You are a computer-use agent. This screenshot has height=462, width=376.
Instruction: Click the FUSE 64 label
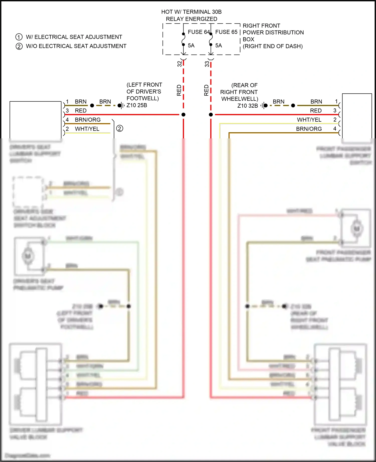pos(199,32)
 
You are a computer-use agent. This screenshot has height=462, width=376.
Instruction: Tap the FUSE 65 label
pos(226,32)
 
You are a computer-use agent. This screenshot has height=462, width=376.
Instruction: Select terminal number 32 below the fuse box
pos(179,64)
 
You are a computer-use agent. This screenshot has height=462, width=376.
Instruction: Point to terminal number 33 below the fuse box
pos(207,64)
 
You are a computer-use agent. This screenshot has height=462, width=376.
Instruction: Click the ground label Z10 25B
pos(137,105)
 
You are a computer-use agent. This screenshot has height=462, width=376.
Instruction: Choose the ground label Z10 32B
pos(247,106)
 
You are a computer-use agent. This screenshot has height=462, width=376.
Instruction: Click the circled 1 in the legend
pos(19,37)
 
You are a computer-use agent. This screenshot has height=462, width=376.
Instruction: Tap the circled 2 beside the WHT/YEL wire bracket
pos(120,129)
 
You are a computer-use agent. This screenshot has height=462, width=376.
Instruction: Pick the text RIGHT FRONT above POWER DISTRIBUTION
pos(261,26)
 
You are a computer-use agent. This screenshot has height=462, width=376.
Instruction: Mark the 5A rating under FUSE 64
pos(191,46)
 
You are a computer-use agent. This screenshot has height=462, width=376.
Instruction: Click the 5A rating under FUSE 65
pos(218,46)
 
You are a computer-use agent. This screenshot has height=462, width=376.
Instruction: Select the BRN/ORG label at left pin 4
pos(87,120)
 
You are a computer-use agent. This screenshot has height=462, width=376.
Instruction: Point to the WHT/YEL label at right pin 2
pos(309,120)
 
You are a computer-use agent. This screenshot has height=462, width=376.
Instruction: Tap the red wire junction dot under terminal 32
pos(183,115)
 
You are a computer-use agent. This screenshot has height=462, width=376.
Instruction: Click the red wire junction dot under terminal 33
pos(211,115)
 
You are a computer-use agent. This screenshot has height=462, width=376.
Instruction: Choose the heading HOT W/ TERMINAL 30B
pos(191,12)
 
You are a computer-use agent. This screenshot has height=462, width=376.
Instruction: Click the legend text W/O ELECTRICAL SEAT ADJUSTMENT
pos(76,46)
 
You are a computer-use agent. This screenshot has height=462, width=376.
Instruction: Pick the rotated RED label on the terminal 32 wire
pos(179,90)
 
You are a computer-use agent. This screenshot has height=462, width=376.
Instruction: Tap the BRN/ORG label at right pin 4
pos(309,129)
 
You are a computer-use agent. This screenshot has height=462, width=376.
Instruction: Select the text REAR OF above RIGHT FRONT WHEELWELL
pos(244,85)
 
